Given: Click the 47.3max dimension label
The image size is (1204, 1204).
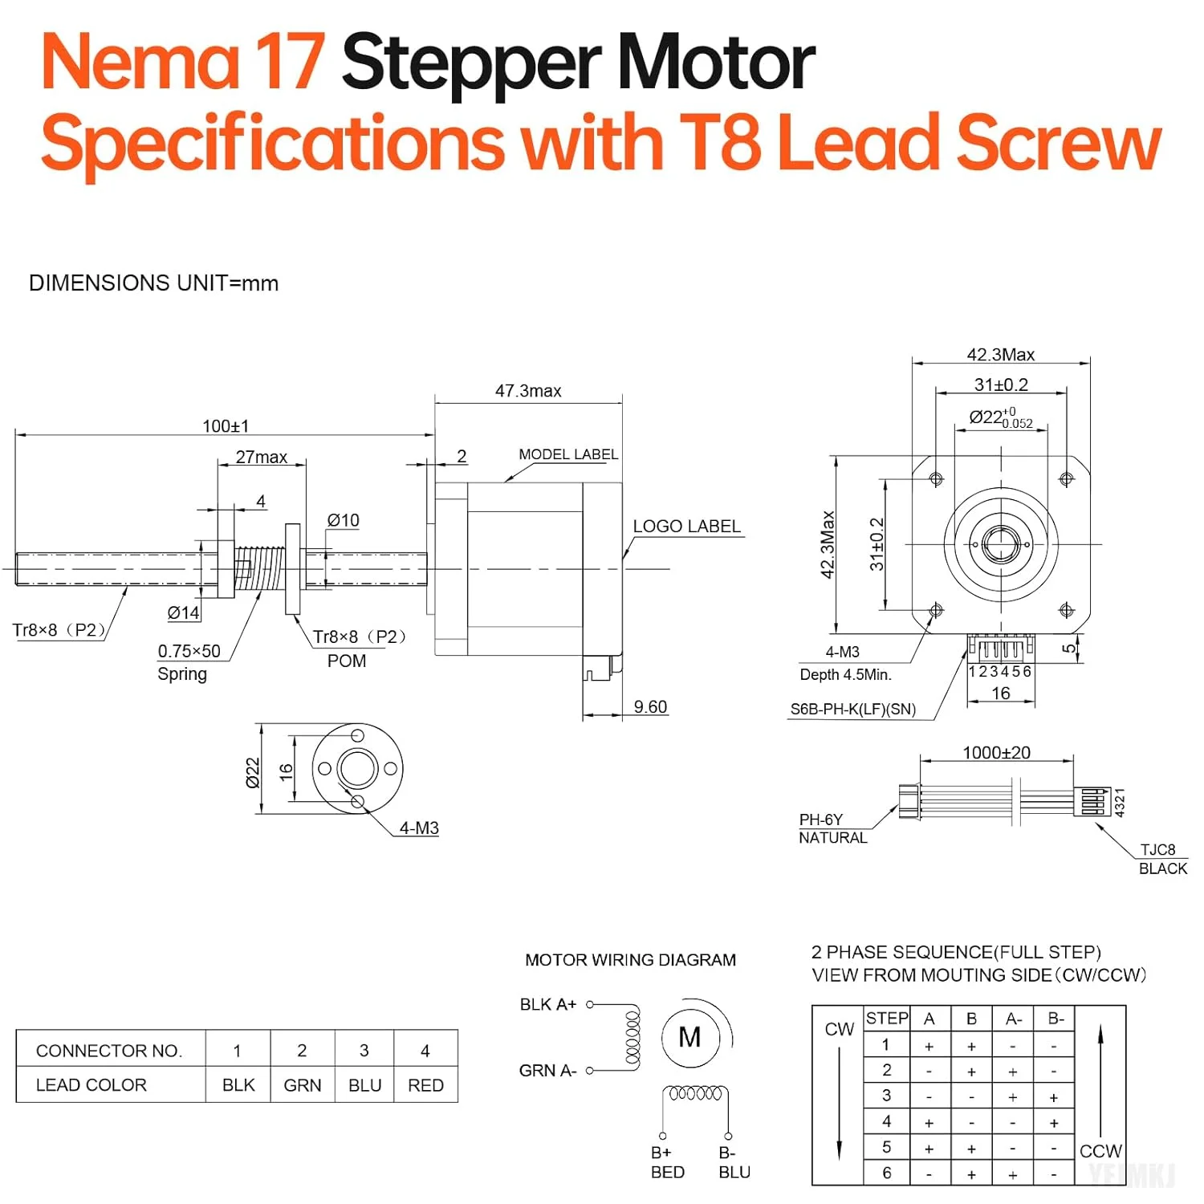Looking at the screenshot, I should pos(528,391).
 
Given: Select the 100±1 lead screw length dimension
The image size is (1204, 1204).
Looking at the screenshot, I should pos(226,425).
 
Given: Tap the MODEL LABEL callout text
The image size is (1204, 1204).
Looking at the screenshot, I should pos(568,454).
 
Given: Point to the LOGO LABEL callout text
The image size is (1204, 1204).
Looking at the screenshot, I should pos(686,527).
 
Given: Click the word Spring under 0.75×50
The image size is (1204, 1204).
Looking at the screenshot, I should pos(182,674).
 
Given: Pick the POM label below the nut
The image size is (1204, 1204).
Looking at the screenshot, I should pos(347,661).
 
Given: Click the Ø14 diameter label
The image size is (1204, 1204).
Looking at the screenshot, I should pos(183,613).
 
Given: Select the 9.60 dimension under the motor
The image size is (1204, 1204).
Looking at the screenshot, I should pos(650,707).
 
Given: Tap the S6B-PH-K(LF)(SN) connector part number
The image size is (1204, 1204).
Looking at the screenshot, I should pos(852,709).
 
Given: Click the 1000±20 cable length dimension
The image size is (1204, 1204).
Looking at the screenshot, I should pos(996,753).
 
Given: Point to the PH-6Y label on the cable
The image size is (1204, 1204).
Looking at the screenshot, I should pos(820,820).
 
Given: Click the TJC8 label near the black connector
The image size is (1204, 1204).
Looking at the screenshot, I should pos(1157,850).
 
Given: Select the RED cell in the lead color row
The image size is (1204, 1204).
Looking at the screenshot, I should pos(425,1085).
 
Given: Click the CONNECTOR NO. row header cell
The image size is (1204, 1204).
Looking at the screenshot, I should pos(109,1051).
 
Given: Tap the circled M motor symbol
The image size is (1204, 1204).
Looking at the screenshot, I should pos(689,1038).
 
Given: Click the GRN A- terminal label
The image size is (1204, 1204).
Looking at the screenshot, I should pos(547,1071).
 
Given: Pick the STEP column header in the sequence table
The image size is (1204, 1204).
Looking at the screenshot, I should pos(887,1019).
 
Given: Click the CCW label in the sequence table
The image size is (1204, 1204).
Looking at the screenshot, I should pos(1100,1151).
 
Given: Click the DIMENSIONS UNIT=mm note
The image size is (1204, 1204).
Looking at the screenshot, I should pos(153,283).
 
